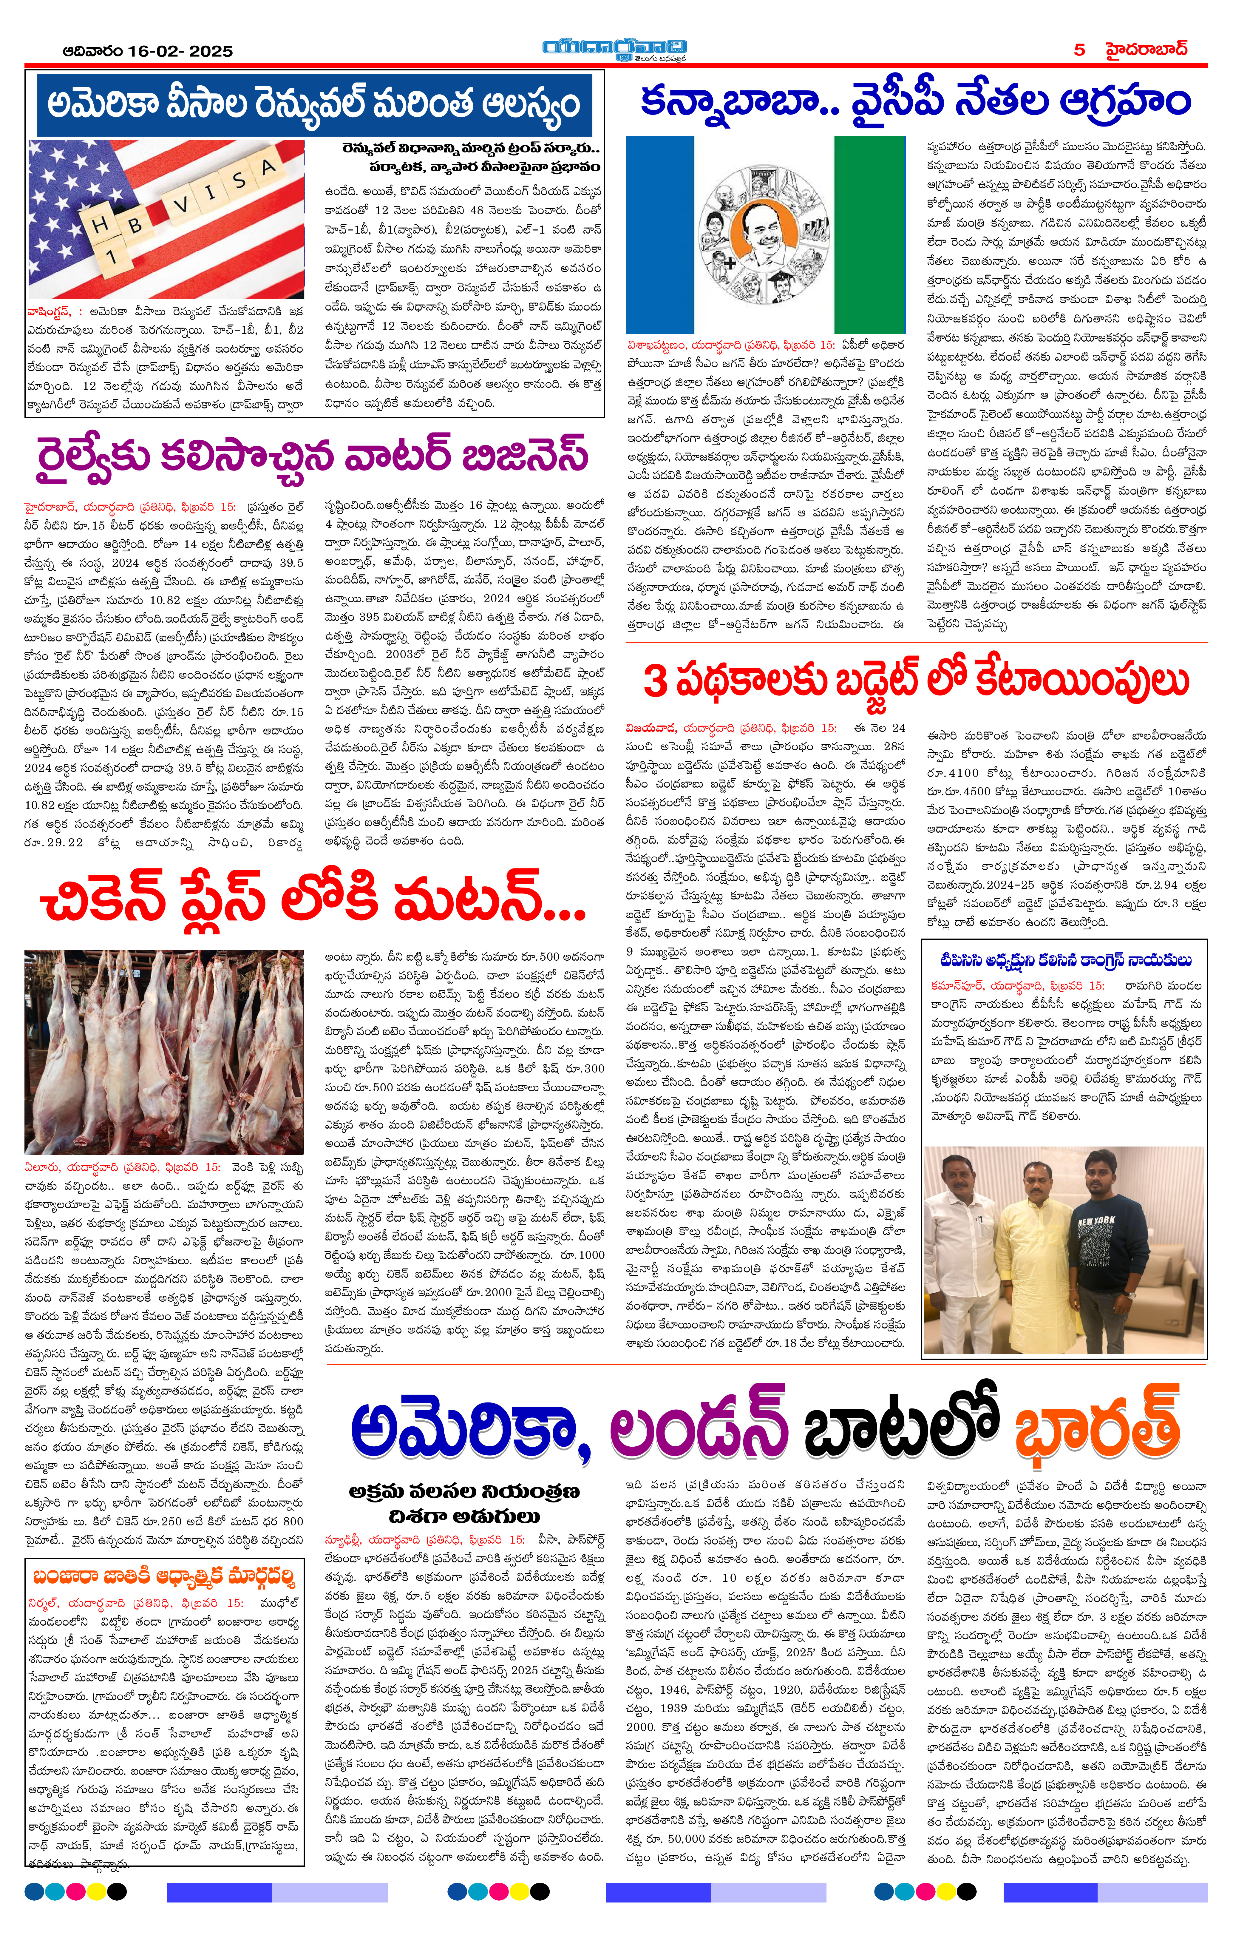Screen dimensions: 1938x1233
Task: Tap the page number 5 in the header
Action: pos(1079,50)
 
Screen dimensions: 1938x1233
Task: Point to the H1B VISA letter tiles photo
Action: pos(166,219)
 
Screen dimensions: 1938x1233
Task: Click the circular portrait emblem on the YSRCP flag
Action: pos(765,233)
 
